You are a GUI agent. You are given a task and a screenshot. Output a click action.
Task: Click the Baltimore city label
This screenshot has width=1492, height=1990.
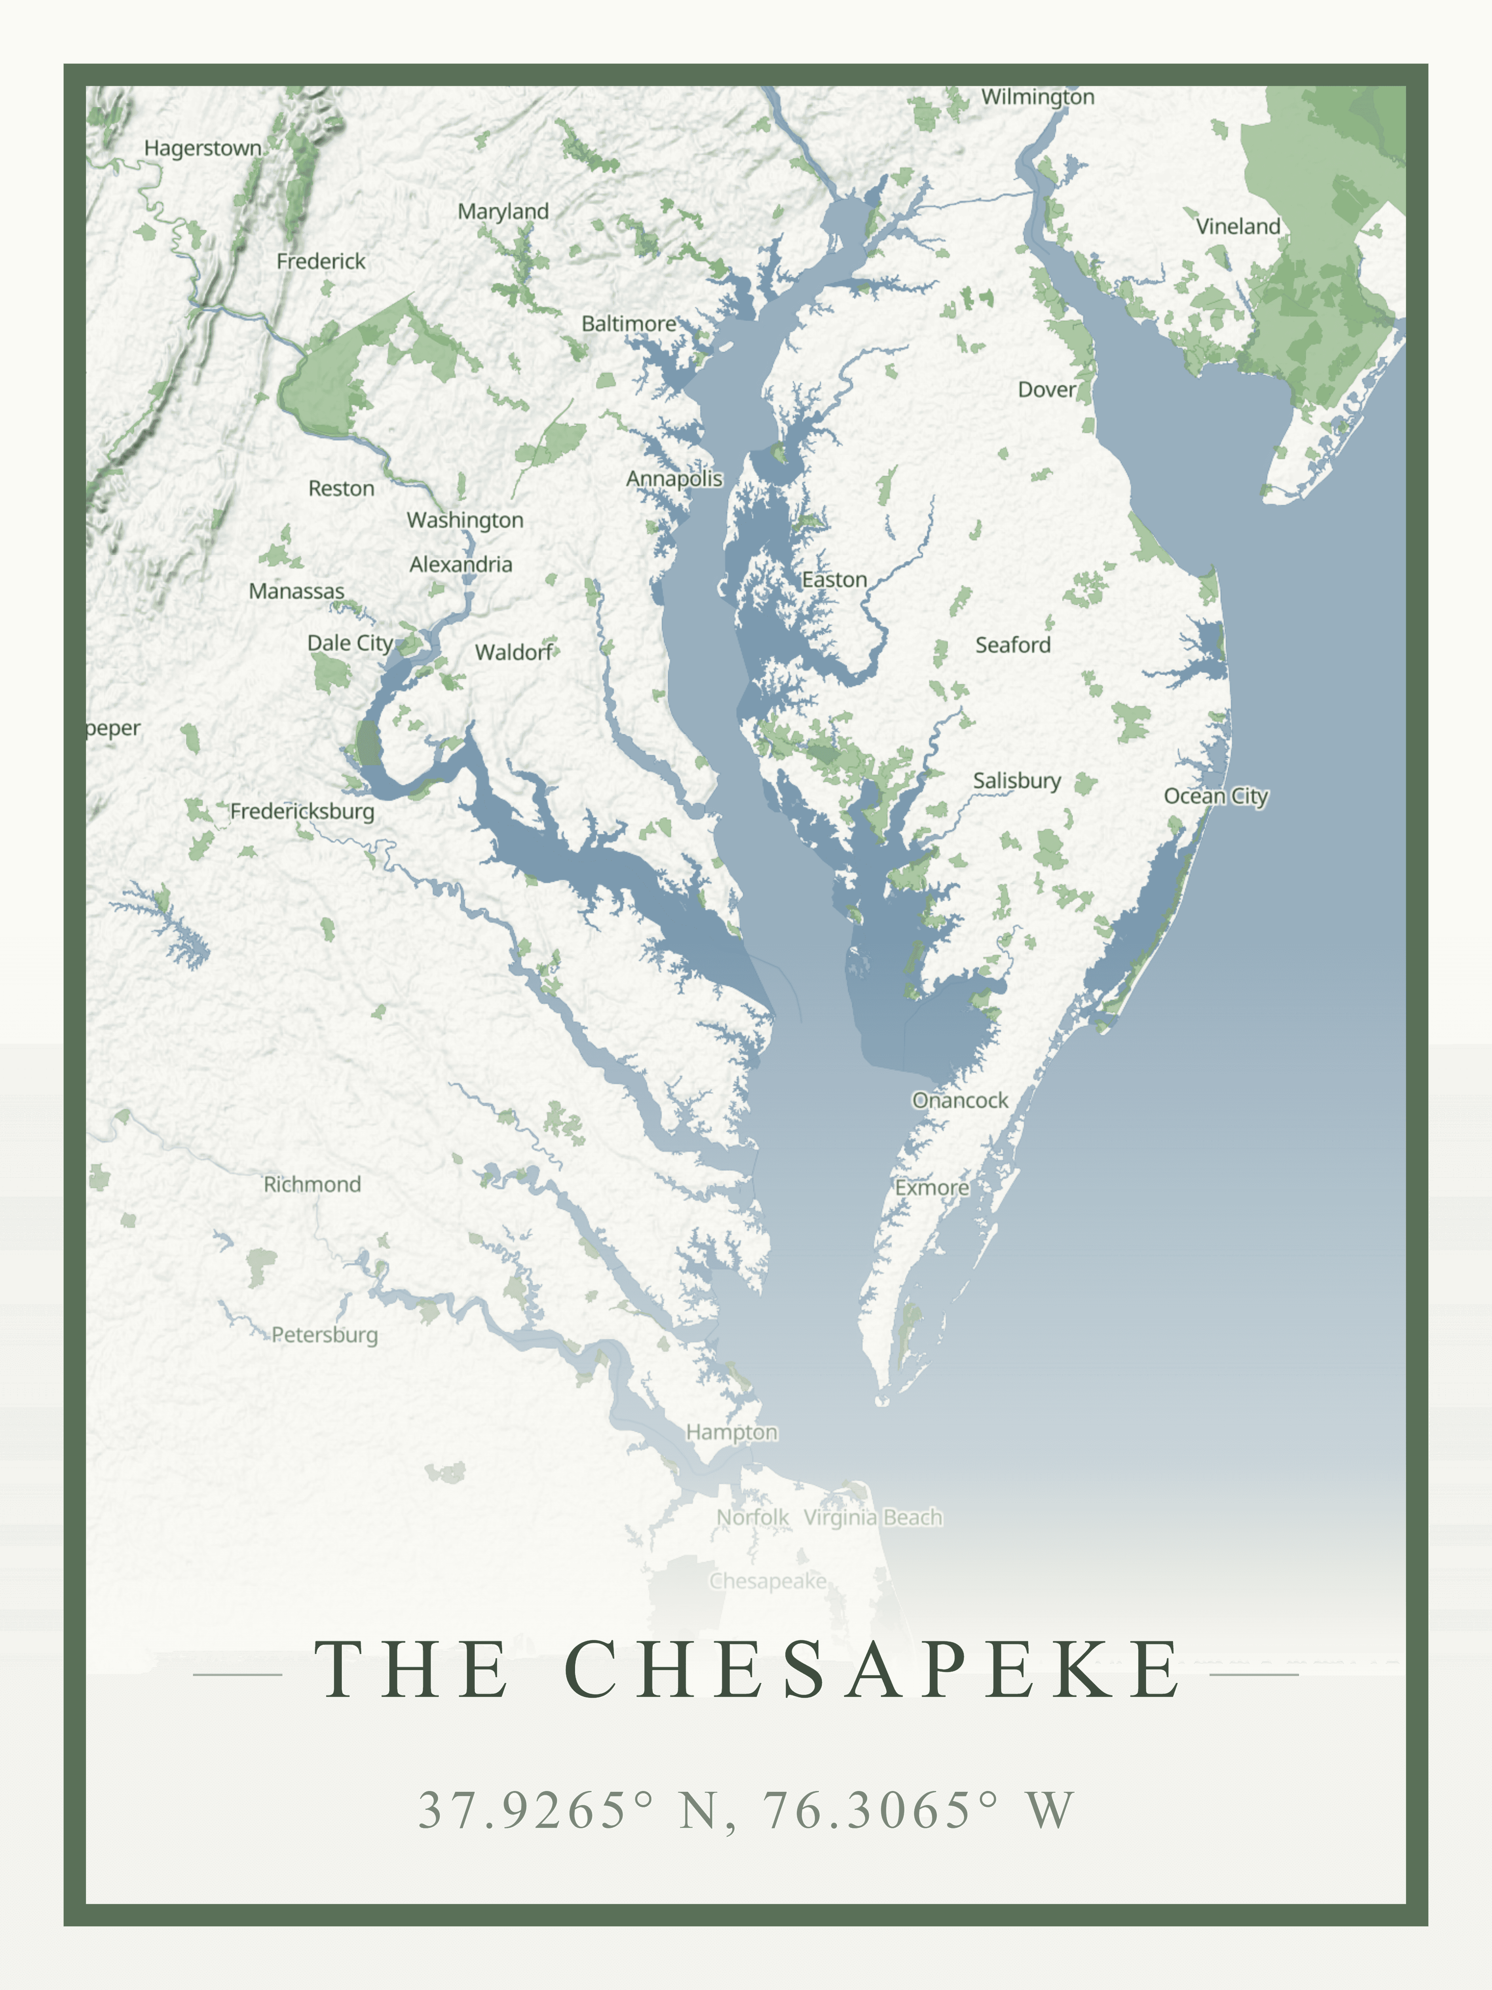629,324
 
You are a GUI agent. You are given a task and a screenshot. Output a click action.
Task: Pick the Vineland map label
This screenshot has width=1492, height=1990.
1238,227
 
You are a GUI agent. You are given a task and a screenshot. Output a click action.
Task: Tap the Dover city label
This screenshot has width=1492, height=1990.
1046,389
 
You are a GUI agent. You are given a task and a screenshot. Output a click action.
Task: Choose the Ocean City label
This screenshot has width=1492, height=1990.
1215,796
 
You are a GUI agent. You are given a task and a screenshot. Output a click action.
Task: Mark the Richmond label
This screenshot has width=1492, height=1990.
312,1185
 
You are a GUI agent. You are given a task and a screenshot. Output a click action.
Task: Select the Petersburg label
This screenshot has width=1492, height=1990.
325,1335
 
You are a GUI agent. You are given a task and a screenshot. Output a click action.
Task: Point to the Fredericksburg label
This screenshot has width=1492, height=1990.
302,812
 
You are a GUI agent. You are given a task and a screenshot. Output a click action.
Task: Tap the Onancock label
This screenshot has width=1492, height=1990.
960,1100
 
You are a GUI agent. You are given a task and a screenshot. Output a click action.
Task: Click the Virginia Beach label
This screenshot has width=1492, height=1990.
872,1518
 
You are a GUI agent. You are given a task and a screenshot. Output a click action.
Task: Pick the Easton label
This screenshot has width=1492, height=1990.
834,580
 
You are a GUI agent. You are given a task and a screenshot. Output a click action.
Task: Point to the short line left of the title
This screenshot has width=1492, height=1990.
237,1675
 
